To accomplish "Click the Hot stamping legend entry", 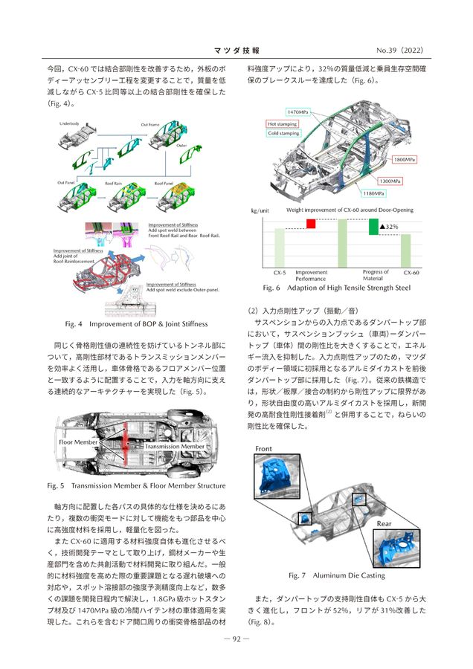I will (283, 123).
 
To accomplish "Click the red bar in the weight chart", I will (311, 223).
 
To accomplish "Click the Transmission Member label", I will (176, 446).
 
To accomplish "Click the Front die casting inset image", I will (276, 476).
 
